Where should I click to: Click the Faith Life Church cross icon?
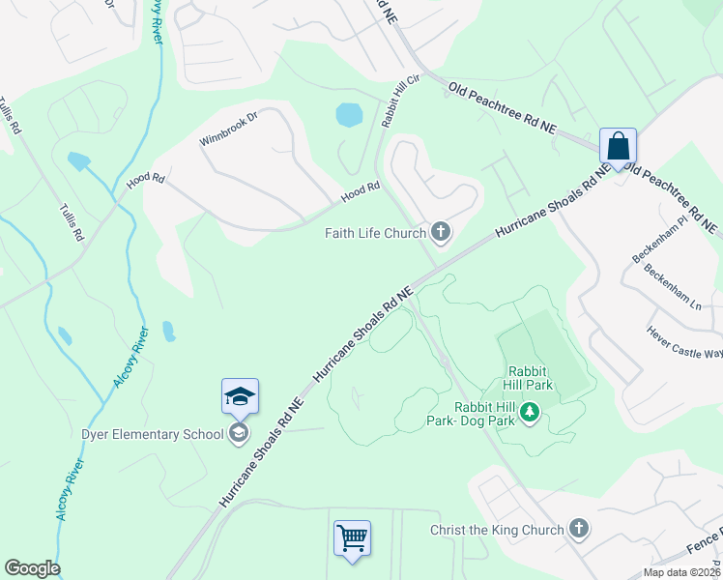[442, 231]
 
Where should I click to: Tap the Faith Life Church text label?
[376, 233]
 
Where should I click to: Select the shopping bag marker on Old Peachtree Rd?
[618, 147]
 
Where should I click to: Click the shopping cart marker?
[352, 537]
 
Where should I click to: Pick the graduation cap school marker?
[240, 396]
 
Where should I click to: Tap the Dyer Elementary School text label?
[154, 434]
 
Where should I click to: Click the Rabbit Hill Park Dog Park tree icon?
[530, 413]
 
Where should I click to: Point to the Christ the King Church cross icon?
[578, 529]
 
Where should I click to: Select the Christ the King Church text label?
[497, 530]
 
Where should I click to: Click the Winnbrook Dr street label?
[229, 130]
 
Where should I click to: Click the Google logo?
[32, 567]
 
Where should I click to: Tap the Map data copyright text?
[681, 572]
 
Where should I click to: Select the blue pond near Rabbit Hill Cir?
[348, 115]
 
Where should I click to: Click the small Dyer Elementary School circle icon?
[238, 434]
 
